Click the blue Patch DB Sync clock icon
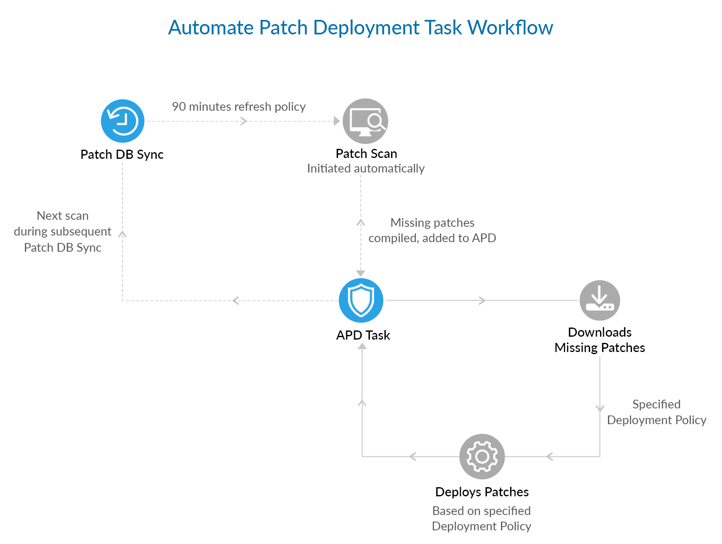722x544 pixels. (123, 121)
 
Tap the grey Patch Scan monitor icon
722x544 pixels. (365, 121)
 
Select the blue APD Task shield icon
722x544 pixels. (361, 301)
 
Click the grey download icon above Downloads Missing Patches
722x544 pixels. (600, 301)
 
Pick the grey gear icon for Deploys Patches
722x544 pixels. (482, 457)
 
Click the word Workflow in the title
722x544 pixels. (510, 28)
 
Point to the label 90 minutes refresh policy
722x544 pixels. (238, 107)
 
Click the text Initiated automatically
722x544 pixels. (365, 168)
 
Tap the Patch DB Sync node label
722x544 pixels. (122, 154)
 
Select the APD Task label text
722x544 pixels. (363, 335)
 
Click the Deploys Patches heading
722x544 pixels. (482, 492)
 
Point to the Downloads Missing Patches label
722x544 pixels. (600, 340)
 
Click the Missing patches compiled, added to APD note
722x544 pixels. (432, 230)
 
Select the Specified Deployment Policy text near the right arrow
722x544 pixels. (656, 412)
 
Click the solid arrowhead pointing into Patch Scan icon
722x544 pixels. (337, 121)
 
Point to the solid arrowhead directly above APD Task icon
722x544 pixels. (361, 273)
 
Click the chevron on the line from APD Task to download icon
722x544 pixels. (482, 301)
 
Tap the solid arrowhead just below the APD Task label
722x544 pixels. (362, 346)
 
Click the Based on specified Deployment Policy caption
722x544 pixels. (481, 518)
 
